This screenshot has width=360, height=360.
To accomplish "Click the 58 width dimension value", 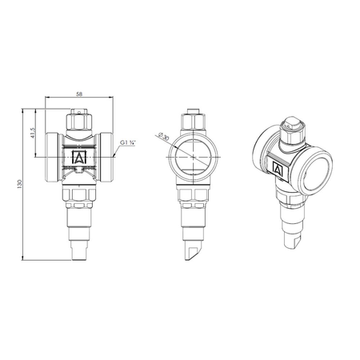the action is point(79,94).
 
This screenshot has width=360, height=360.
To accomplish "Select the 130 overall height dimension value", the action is point(19,185).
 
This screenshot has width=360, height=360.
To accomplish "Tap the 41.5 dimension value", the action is point(33,133).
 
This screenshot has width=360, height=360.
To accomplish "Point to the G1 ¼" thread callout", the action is point(128,143).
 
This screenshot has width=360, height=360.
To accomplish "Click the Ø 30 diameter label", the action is point(163,136).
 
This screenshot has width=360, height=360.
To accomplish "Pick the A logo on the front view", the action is point(79,157).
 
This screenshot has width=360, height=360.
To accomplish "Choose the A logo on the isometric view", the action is point(278,169).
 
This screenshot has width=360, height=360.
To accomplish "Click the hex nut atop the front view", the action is point(79,122).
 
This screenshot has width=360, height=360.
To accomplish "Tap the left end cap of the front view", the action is point(52,158).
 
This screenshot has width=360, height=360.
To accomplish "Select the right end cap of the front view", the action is point(106,158).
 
